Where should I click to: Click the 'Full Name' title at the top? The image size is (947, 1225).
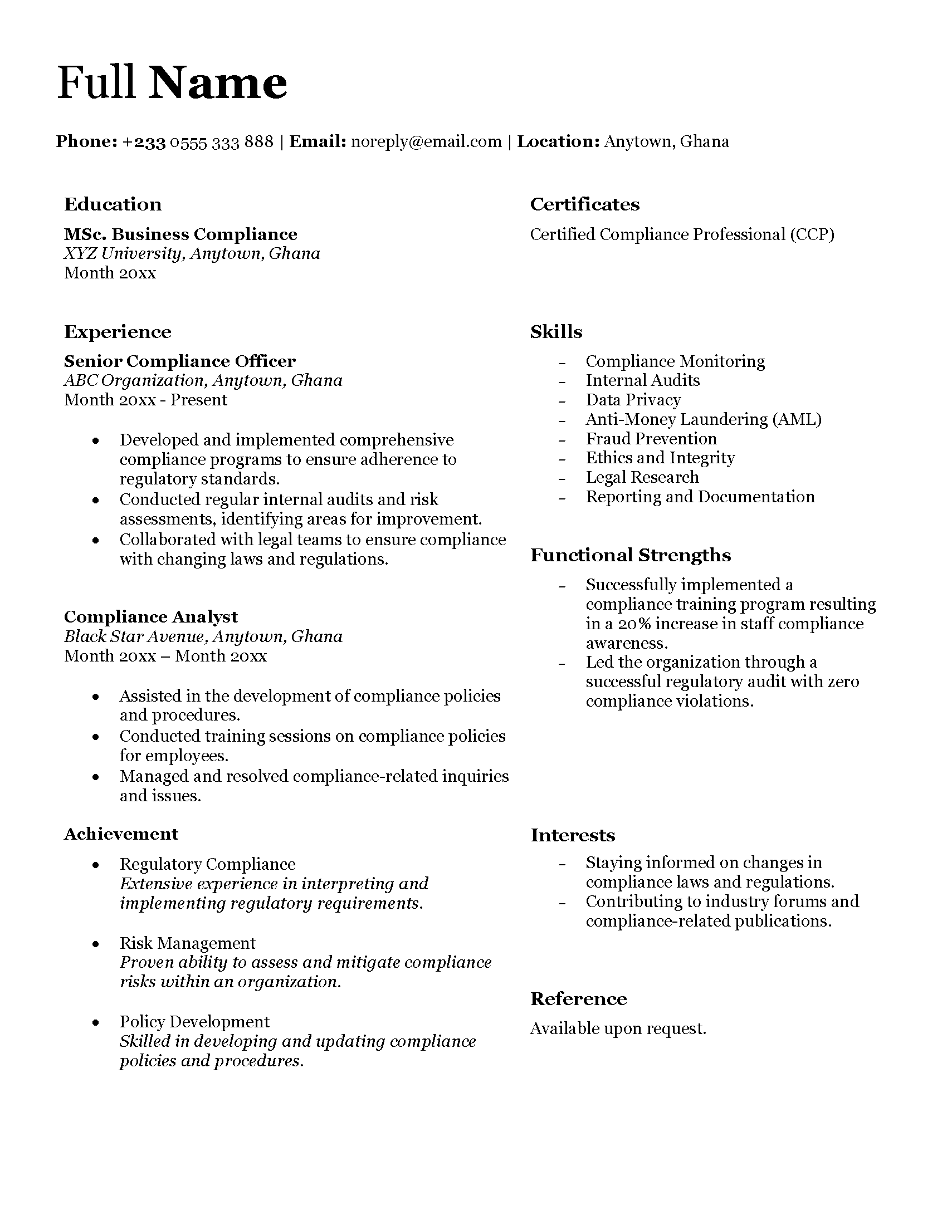(172, 83)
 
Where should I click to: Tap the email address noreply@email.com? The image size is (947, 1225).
(426, 141)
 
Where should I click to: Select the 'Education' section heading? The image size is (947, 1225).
(113, 204)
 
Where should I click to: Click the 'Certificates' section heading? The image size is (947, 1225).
(584, 204)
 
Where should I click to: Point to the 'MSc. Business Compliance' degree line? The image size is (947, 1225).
(180, 234)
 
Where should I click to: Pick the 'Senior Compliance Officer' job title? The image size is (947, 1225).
(179, 361)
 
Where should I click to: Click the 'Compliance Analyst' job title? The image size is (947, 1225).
(150, 616)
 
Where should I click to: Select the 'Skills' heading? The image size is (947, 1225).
(556, 331)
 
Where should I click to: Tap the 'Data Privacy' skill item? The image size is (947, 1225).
(633, 399)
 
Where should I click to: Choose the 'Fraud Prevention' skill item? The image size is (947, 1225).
(651, 438)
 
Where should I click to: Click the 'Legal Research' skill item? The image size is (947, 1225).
(642, 477)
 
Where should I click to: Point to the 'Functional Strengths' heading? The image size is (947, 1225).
(630, 555)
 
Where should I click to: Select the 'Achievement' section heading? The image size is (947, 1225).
(121, 834)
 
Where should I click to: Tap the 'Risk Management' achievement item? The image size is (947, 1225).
(187, 943)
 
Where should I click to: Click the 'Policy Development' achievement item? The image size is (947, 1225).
(194, 1021)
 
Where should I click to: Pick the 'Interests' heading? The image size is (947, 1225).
(572, 835)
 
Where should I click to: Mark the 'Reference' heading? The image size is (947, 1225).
(578, 999)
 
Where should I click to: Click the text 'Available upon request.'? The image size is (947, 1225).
(618, 1028)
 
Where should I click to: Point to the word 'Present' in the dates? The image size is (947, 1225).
(199, 399)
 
